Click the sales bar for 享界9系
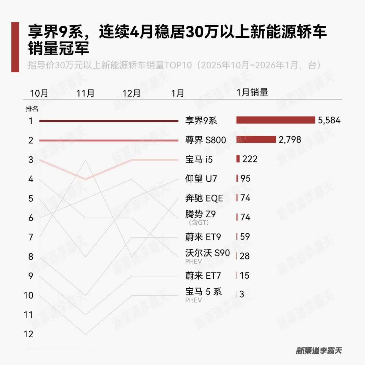(275, 120)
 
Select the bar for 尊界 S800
(256, 139)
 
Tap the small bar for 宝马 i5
(238, 159)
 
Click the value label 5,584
(329, 120)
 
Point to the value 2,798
(290, 140)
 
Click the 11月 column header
(85, 93)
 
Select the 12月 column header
(131, 93)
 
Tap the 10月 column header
(39, 93)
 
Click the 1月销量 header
(252, 92)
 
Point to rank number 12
(29, 334)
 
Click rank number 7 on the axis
(31, 237)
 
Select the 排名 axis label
(32, 109)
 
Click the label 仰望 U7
(201, 179)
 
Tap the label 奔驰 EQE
(204, 198)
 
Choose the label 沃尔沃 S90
(207, 253)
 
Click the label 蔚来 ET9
(203, 237)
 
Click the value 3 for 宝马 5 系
(242, 294)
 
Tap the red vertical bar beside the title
(15, 47)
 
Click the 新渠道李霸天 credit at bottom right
(319, 350)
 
